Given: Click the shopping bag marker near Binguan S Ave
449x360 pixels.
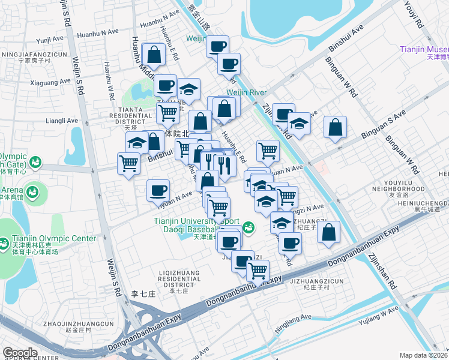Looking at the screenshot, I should click(x=335, y=127).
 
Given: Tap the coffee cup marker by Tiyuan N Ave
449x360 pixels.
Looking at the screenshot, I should click(x=158, y=190).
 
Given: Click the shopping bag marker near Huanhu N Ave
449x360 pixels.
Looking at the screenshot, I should click(x=155, y=54).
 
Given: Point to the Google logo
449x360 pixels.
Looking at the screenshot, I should click(x=20, y=352).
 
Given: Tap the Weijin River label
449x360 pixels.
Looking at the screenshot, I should click(x=246, y=93).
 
